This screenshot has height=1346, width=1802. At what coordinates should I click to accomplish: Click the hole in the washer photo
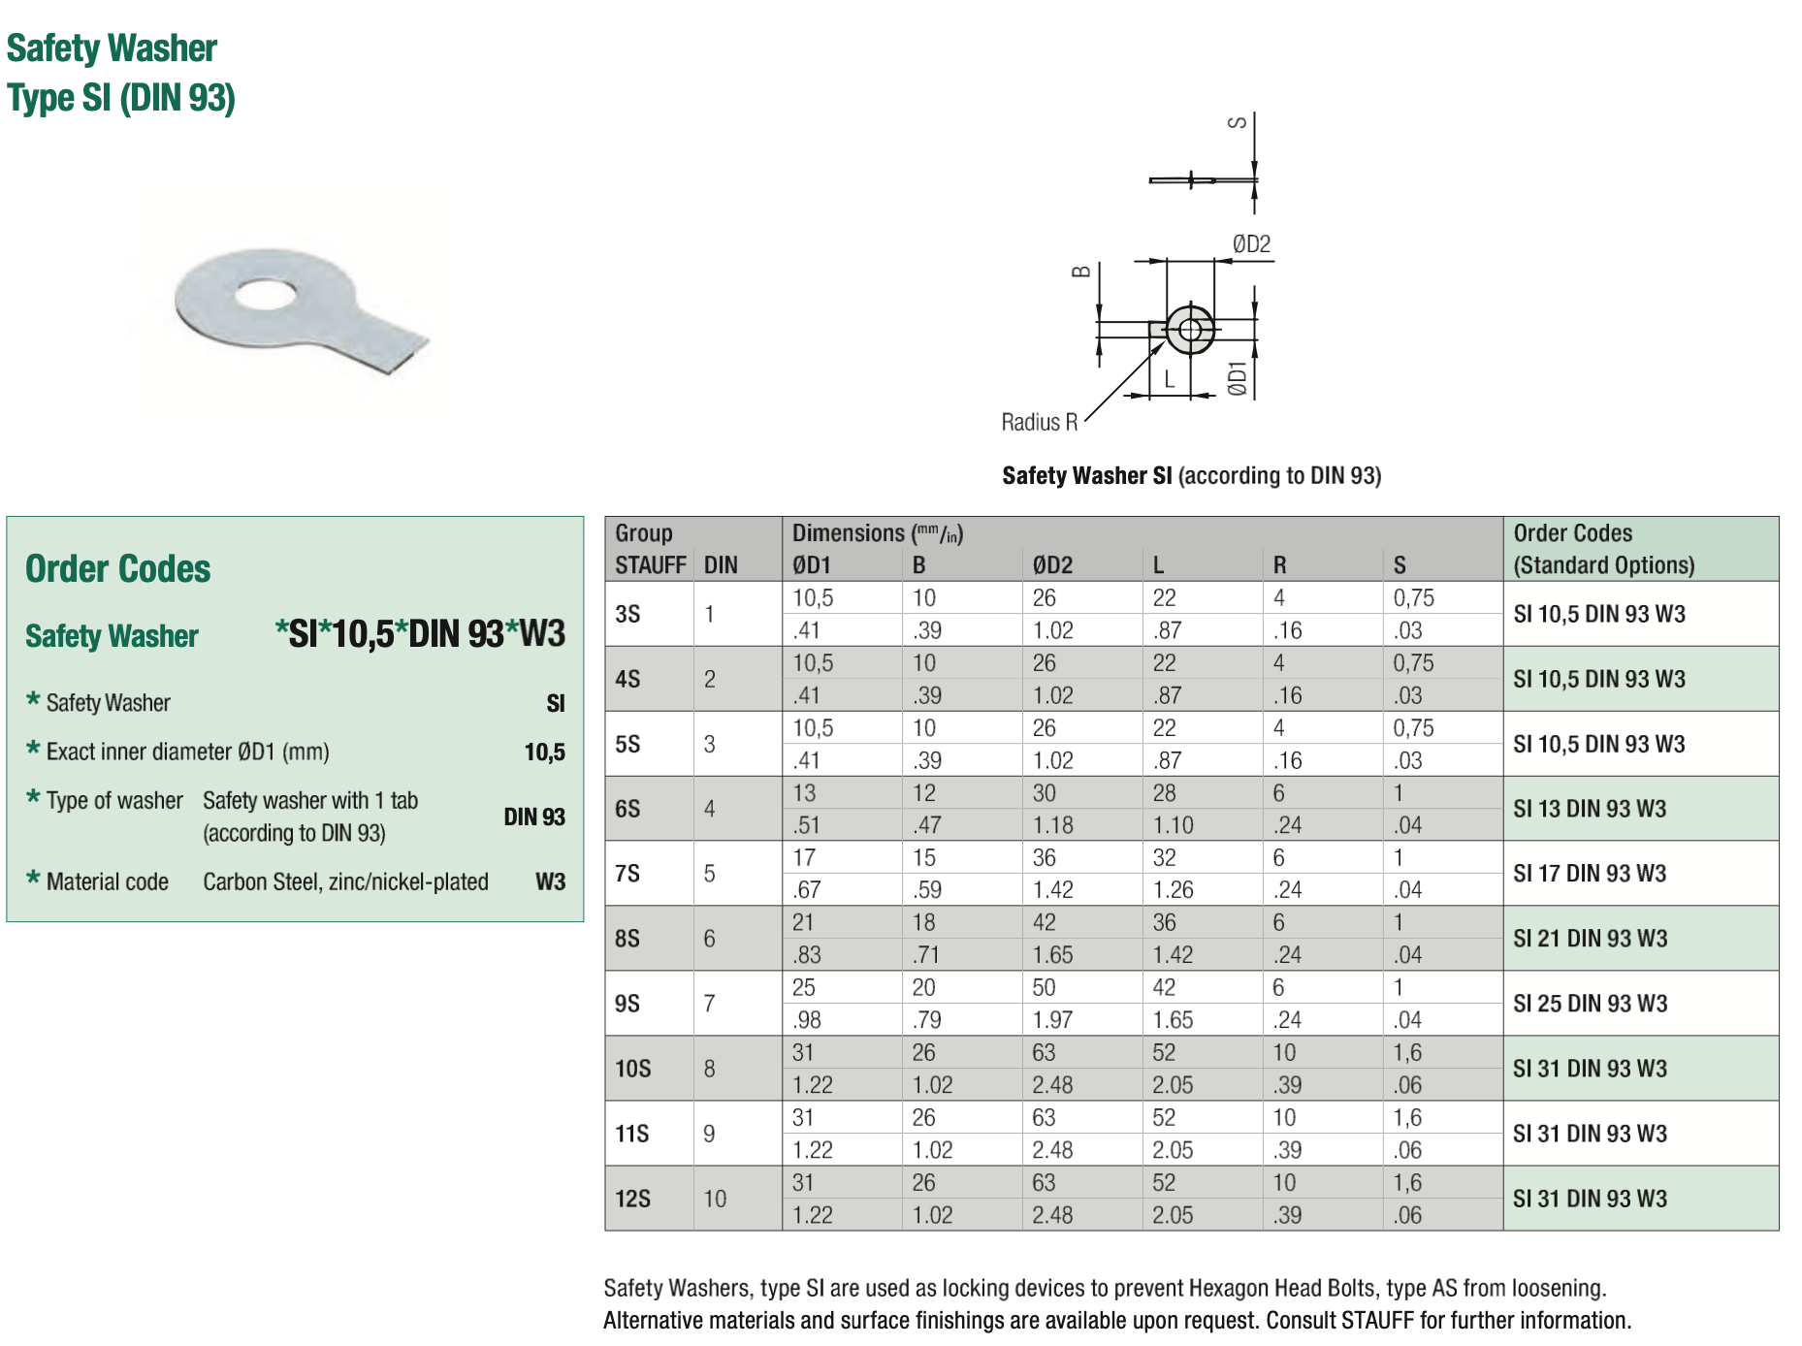tap(265, 293)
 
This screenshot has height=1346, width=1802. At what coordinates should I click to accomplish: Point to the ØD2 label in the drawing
tap(1251, 244)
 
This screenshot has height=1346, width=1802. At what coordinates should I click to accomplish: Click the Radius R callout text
tap(1039, 423)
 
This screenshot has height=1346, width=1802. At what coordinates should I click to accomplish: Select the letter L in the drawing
tap(1170, 380)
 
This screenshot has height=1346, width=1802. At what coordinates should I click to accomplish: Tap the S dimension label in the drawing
tap(1238, 122)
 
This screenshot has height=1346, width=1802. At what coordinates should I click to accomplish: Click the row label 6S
tap(627, 809)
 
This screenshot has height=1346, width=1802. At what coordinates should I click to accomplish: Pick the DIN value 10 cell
tap(715, 1199)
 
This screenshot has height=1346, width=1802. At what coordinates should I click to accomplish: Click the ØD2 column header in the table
tap(1052, 565)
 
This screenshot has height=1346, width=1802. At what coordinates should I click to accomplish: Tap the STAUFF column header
tap(650, 565)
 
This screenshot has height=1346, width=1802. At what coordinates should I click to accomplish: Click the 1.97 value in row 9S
tap(1052, 1020)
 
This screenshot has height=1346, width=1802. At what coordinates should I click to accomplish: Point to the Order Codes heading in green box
tap(117, 569)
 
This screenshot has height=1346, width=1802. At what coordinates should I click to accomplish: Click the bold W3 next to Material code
tap(550, 881)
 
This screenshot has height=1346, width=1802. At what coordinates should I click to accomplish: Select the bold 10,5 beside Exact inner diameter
tap(544, 753)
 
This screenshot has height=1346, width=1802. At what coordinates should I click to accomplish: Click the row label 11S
tap(631, 1134)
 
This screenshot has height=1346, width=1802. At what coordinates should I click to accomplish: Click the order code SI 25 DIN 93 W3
tap(1590, 1004)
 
